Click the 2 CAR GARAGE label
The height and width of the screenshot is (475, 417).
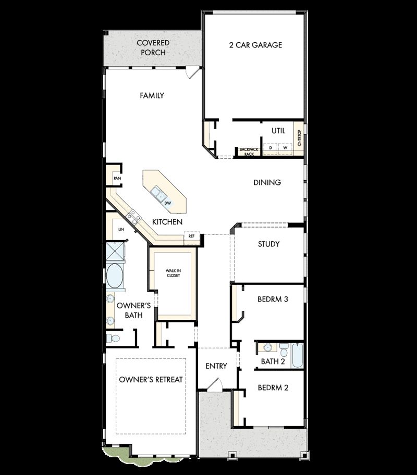point(255,45)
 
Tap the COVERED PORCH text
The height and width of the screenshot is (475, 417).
point(153,47)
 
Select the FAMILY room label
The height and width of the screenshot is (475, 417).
point(152,95)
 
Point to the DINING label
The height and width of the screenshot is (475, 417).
point(267,182)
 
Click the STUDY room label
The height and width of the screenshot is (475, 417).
point(268,244)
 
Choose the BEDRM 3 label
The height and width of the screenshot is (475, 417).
point(273,299)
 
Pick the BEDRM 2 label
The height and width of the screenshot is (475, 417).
point(273,387)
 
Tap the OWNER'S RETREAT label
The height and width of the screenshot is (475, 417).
point(151,379)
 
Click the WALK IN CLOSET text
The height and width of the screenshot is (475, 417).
point(173,273)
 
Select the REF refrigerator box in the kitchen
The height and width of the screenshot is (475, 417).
point(191,236)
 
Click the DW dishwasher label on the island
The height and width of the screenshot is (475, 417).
point(168,203)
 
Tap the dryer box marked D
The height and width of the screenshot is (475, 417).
point(271,148)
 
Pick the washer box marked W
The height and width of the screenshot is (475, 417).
point(285,148)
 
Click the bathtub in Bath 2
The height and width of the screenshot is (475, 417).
point(297,355)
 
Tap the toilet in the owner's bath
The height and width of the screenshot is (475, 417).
point(114,339)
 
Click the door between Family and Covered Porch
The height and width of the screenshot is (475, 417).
point(192,72)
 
